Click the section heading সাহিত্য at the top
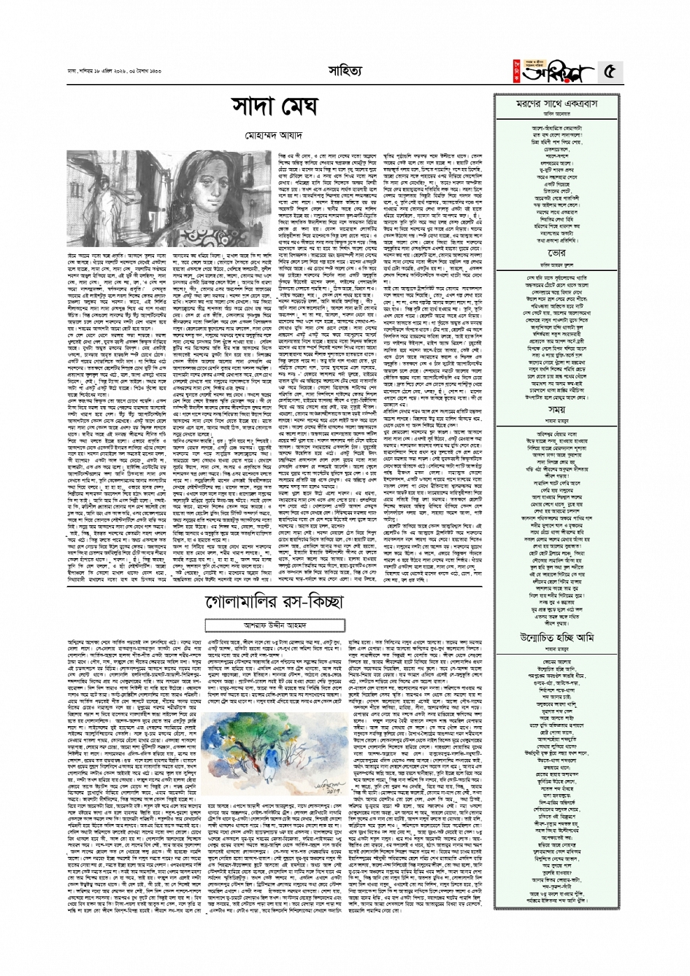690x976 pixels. (344, 70)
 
